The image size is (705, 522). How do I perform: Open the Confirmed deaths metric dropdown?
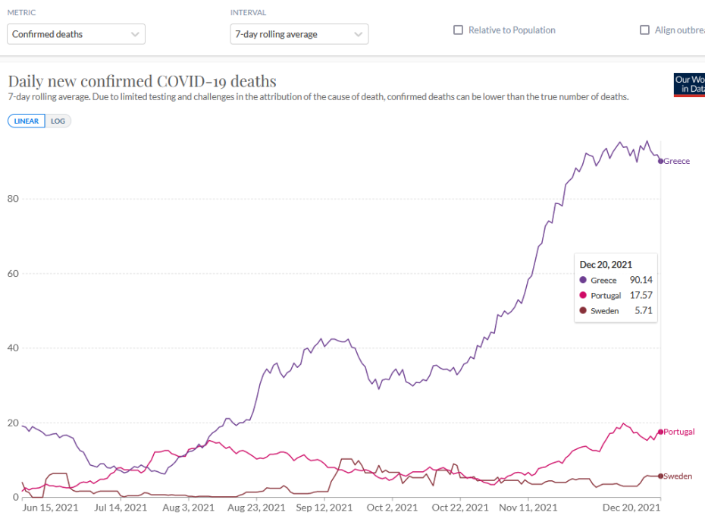(76, 34)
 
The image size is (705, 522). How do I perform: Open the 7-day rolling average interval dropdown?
(299, 34)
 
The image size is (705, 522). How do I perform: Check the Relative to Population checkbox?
(459, 30)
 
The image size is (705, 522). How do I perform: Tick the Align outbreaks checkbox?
(645, 30)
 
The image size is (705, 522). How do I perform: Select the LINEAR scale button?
(27, 121)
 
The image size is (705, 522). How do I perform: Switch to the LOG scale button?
(58, 121)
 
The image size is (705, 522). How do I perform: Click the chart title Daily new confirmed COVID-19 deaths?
(142, 81)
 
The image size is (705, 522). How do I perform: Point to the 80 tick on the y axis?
(14, 199)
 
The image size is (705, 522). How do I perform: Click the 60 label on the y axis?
(14, 273)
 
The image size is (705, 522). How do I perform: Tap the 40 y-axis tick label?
(14, 348)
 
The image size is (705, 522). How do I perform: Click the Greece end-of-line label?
(676, 162)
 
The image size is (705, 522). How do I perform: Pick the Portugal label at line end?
(678, 432)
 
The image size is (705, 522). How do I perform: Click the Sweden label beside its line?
(677, 476)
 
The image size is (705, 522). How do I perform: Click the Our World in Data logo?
(689, 84)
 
